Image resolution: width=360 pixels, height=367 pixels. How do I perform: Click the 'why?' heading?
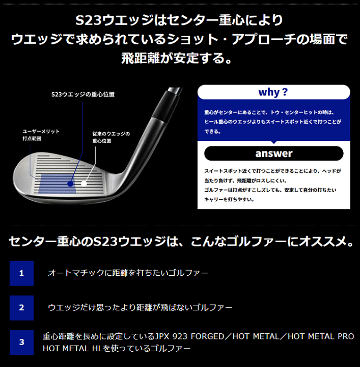click(273, 92)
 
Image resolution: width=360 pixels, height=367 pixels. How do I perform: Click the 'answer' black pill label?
click(273, 153)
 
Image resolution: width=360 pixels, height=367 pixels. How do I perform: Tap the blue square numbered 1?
click(21, 273)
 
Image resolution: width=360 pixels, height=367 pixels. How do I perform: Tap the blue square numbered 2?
click(21, 308)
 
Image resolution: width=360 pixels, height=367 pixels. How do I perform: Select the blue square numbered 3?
click(21, 342)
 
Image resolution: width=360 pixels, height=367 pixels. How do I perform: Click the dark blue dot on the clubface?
click(69, 181)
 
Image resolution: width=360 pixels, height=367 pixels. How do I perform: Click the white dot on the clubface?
click(84, 181)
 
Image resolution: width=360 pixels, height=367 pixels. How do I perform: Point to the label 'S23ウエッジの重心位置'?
click(83, 94)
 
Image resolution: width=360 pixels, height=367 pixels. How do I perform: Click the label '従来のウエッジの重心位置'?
click(111, 137)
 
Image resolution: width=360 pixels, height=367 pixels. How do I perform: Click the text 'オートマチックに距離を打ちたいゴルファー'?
click(128, 273)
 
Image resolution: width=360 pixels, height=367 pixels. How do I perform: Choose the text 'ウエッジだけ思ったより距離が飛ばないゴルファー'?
click(140, 308)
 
